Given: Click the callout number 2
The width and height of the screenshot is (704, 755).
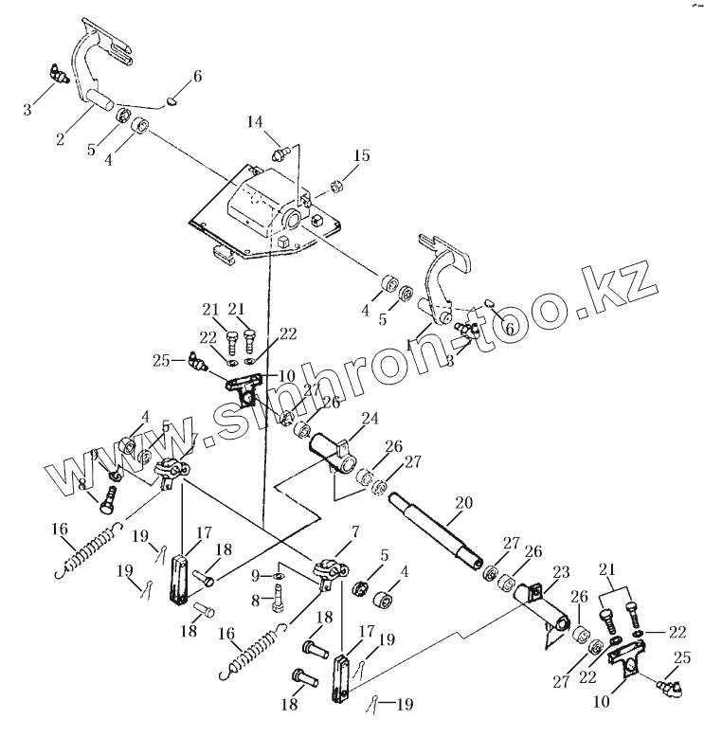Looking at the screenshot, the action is (60, 139).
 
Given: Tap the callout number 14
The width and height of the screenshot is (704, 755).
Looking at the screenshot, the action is (255, 121).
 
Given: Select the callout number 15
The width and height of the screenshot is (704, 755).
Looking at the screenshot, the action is (362, 155).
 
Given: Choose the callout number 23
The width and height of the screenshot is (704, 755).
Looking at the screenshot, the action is (560, 571).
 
